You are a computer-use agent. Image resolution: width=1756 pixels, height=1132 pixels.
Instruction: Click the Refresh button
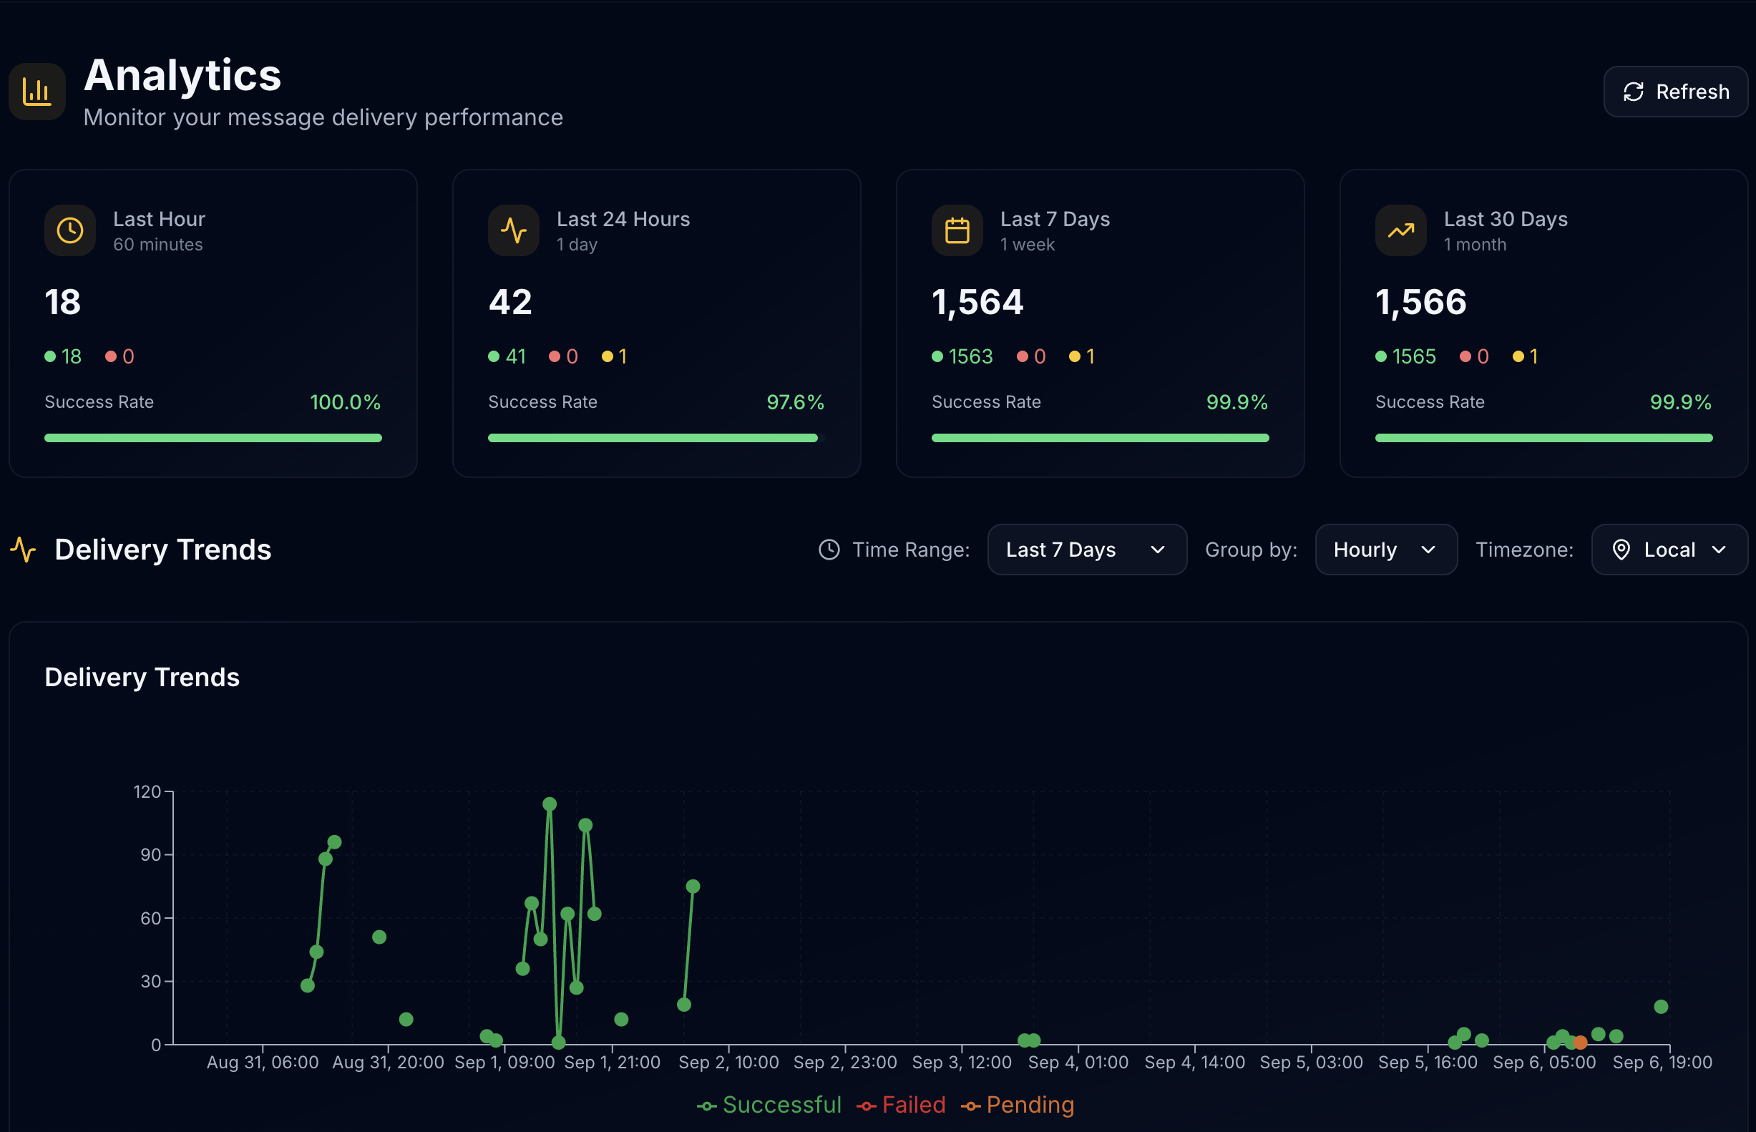[1675, 92]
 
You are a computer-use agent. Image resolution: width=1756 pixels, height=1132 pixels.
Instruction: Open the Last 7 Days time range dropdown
[1086, 550]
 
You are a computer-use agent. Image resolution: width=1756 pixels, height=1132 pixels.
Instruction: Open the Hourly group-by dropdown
[1385, 550]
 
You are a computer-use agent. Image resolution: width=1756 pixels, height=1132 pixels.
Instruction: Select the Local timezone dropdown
[1669, 550]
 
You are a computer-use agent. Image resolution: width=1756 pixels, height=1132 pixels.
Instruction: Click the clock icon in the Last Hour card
[70, 230]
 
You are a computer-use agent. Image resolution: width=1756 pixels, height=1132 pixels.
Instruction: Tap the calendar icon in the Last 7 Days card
[957, 230]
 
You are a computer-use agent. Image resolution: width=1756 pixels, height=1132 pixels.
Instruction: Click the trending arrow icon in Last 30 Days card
[1400, 230]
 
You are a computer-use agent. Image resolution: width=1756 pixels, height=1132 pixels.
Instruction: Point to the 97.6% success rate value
[795, 402]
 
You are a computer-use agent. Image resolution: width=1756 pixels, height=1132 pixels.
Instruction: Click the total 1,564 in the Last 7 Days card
[977, 302]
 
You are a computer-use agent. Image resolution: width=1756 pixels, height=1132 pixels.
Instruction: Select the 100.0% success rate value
[345, 402]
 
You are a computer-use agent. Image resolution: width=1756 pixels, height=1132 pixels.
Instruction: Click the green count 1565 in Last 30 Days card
[1413, 356]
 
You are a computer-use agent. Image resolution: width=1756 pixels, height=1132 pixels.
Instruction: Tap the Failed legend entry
[901, 1105]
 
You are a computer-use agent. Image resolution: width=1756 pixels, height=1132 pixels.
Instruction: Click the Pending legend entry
[1018, 1105]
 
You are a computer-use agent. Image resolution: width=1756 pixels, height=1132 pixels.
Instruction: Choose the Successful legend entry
[769, 1105]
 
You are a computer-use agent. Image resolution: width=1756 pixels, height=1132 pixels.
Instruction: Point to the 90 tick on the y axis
[151, 855]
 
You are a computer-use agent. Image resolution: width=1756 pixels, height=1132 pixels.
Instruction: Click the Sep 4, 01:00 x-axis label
[1078, 1062]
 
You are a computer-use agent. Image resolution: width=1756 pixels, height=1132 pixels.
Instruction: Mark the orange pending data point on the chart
[1580, 1043]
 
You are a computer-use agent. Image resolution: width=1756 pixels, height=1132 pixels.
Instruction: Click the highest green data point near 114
[550, 804]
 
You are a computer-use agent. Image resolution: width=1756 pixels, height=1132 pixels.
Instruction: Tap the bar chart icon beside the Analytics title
[36, 92]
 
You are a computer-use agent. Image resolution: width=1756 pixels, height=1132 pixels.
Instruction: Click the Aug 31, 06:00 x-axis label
[263, 1062]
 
